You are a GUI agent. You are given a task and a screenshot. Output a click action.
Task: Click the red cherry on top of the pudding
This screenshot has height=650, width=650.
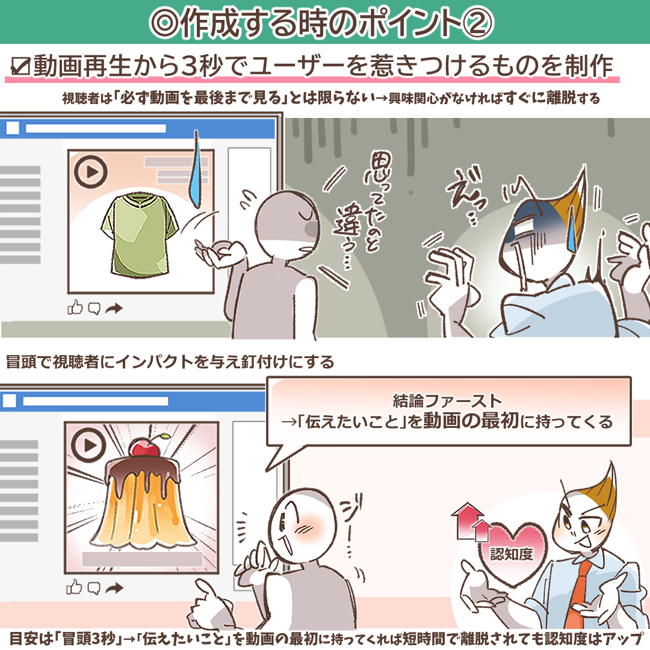pyautogui.click(x=141, y=447)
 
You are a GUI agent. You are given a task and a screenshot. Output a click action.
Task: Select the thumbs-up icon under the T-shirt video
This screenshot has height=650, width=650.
pyautogui.click(x=75, y=308)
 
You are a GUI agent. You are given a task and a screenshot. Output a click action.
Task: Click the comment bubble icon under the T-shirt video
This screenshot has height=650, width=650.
pyautogui.click(x=94, y=309)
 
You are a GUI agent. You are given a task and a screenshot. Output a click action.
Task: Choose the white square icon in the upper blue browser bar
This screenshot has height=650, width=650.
pyautogui.click(x=12, y=128)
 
